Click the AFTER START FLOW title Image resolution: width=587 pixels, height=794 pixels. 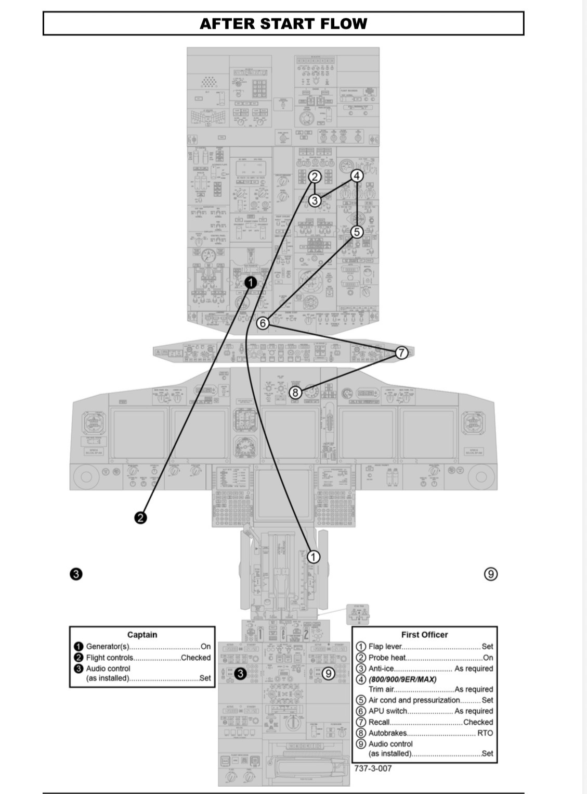(283, 23)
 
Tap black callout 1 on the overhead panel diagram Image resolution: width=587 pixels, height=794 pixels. (251, 282)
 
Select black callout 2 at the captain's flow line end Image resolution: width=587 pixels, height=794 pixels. (140, 518)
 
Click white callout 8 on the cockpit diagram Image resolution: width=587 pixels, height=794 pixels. (295, 393)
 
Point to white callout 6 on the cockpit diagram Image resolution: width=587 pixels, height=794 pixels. (263, 323)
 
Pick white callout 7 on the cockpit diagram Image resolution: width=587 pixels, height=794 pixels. (401, 352)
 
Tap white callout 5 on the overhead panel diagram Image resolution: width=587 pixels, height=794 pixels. (357, 232)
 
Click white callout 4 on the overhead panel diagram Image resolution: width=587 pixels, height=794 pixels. (357, 176)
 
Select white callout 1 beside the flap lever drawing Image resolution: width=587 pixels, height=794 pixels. (313, 557)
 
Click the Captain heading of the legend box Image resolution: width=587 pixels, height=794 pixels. (142, 635)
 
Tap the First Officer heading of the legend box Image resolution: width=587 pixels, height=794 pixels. (424, 635)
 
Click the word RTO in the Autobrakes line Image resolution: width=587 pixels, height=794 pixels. (485, 733)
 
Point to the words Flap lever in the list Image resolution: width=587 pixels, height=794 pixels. (385, 647)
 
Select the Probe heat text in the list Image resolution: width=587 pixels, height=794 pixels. (387, 658)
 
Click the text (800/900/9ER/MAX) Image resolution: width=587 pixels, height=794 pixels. (402, 679)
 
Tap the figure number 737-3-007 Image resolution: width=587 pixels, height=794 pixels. (373, 768)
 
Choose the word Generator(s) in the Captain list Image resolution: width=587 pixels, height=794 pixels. (107, 647)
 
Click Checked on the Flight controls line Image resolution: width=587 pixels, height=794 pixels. (195, 658)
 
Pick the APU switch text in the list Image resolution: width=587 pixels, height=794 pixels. (388, 711)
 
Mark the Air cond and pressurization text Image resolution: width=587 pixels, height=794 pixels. (414, 700)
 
